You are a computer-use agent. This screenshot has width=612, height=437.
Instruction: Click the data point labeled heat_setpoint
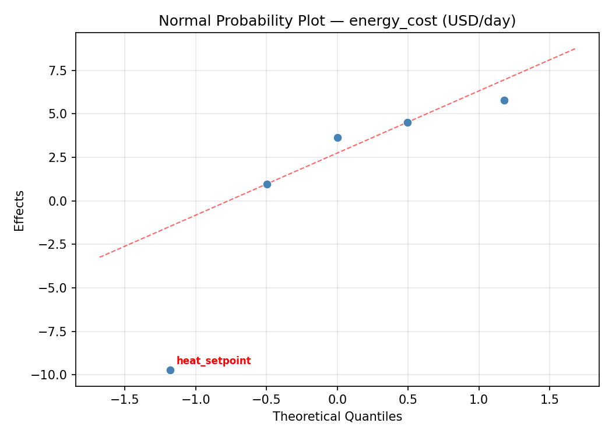[x=170, y=370]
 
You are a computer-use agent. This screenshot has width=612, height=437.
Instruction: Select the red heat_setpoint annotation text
[x=213, y=361]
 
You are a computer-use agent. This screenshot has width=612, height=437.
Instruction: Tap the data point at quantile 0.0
[x=337, y=138]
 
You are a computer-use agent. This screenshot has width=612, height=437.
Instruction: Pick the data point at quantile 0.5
[x=407, y=122]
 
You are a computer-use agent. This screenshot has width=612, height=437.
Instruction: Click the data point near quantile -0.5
[x=267, y=184]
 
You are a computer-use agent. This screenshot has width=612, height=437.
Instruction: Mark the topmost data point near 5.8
[x=504, y=100]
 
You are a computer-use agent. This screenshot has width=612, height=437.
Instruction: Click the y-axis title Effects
[x=20, y=210]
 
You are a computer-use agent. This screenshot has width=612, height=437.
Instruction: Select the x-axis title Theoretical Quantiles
[x=337, y=417]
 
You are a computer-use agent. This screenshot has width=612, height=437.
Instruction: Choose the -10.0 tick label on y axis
[x=49, y=375]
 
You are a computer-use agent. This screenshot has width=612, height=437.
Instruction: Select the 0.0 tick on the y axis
[x=56, y=201]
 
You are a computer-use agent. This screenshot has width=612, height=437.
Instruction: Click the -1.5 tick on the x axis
[x=125, y=399]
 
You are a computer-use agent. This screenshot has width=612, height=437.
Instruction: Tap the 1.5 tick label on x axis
[x=550, y=399]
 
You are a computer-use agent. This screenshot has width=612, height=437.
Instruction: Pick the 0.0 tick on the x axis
[x=337, y=399]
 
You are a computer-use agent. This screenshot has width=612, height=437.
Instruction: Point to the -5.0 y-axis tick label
[x=52, y=288]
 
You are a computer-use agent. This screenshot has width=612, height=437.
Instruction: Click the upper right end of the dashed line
[x=575, y=48]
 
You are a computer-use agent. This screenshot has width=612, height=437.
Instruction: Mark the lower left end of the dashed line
[x=100, y=257]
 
